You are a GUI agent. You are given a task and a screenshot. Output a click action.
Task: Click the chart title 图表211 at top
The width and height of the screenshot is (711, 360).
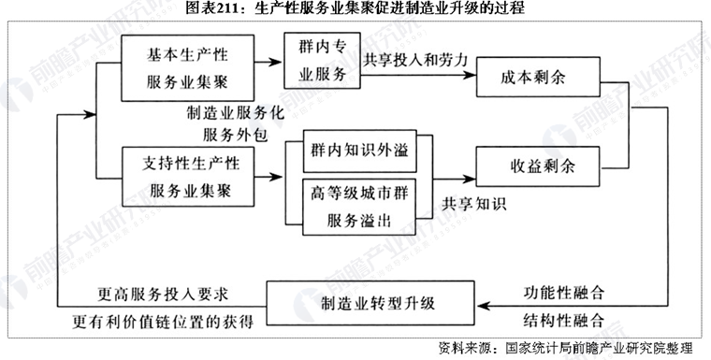coord(355,9)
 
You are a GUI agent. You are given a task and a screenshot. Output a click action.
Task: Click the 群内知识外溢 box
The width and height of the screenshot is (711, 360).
coord(359,151)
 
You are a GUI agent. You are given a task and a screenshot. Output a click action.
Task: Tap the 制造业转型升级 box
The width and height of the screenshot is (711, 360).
coord(372,304)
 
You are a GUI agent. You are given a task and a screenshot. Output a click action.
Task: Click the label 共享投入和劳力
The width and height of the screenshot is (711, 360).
coord(415,59)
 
